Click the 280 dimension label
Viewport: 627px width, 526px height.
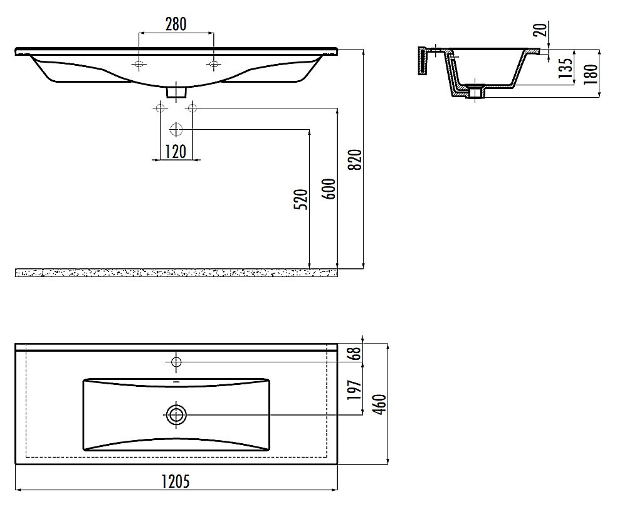(x=176, y=24)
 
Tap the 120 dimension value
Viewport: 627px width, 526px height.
(x=176, y=152)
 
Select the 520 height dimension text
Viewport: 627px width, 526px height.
(x=302, y=199)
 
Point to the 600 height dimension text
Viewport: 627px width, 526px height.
(x=329, y=189)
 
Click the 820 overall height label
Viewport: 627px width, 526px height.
(x=355, y=159)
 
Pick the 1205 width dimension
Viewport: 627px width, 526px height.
(x=176, y=481)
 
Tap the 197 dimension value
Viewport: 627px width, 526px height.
(x=354, y=390)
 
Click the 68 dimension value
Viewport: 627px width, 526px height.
(x=355, y=353)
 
